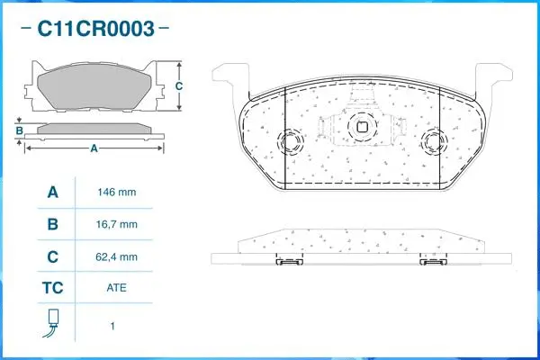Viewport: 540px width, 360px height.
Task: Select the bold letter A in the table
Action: pyautogui.click(x=52, y=193)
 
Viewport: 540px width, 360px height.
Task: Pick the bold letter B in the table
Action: pyautogui.click(x=52, y=224)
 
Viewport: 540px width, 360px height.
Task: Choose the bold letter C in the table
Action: pyautogui.click(x=52, y=257)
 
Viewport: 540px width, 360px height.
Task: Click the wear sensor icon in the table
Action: pyautogui.click(x=52, y=323)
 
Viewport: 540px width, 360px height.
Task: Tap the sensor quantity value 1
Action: pyautogui.click(x=112, y=326)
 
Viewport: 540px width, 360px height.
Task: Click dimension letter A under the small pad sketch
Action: pyautogui.click(x=94, y=148)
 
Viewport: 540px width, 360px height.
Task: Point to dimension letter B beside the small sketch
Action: pyautogui.click(x=19, y=130)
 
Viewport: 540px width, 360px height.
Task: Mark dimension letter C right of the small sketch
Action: pyautogui.click(x=179, y=86)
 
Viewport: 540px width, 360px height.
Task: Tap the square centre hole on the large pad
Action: pyautogui.click(x=364, y=126)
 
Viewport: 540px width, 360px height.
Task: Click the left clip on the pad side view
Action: pyautogui.click(x=289, y=262)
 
